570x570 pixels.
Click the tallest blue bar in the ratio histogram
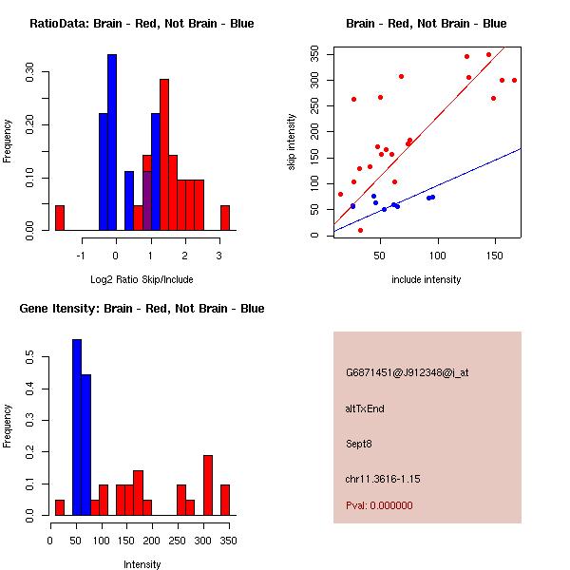[x=112, y=142]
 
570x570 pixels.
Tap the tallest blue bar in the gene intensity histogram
[x=77, y=427]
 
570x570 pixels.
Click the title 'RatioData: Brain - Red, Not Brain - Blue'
[x=142, y=24]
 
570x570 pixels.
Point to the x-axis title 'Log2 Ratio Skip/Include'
[x=142, y=279]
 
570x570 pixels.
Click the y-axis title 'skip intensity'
[x=292, y=142]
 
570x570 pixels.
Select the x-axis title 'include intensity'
[x=427, y=279]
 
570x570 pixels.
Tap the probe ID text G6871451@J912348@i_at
[x=407, y=372]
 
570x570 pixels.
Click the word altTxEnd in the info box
[x=365, y=408]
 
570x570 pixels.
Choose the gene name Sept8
[x=359, y=444]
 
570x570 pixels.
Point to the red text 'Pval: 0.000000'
[x=379, y=505]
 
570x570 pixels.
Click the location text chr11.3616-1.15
[x=383, y=478]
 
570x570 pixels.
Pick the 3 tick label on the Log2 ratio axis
[x=219, y=256]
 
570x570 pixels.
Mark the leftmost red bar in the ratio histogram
[x=60, y=218]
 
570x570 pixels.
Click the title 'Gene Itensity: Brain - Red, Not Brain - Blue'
[x=142, y=309]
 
